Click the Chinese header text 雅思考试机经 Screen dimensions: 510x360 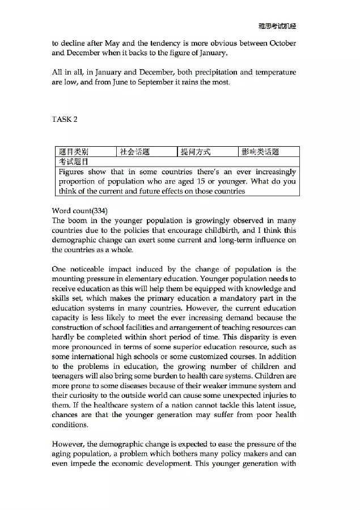point(277,26)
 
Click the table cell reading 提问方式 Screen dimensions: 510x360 point(195,152)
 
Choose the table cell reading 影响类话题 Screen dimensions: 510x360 point(260,152)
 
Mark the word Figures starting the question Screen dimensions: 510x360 point(72,172)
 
